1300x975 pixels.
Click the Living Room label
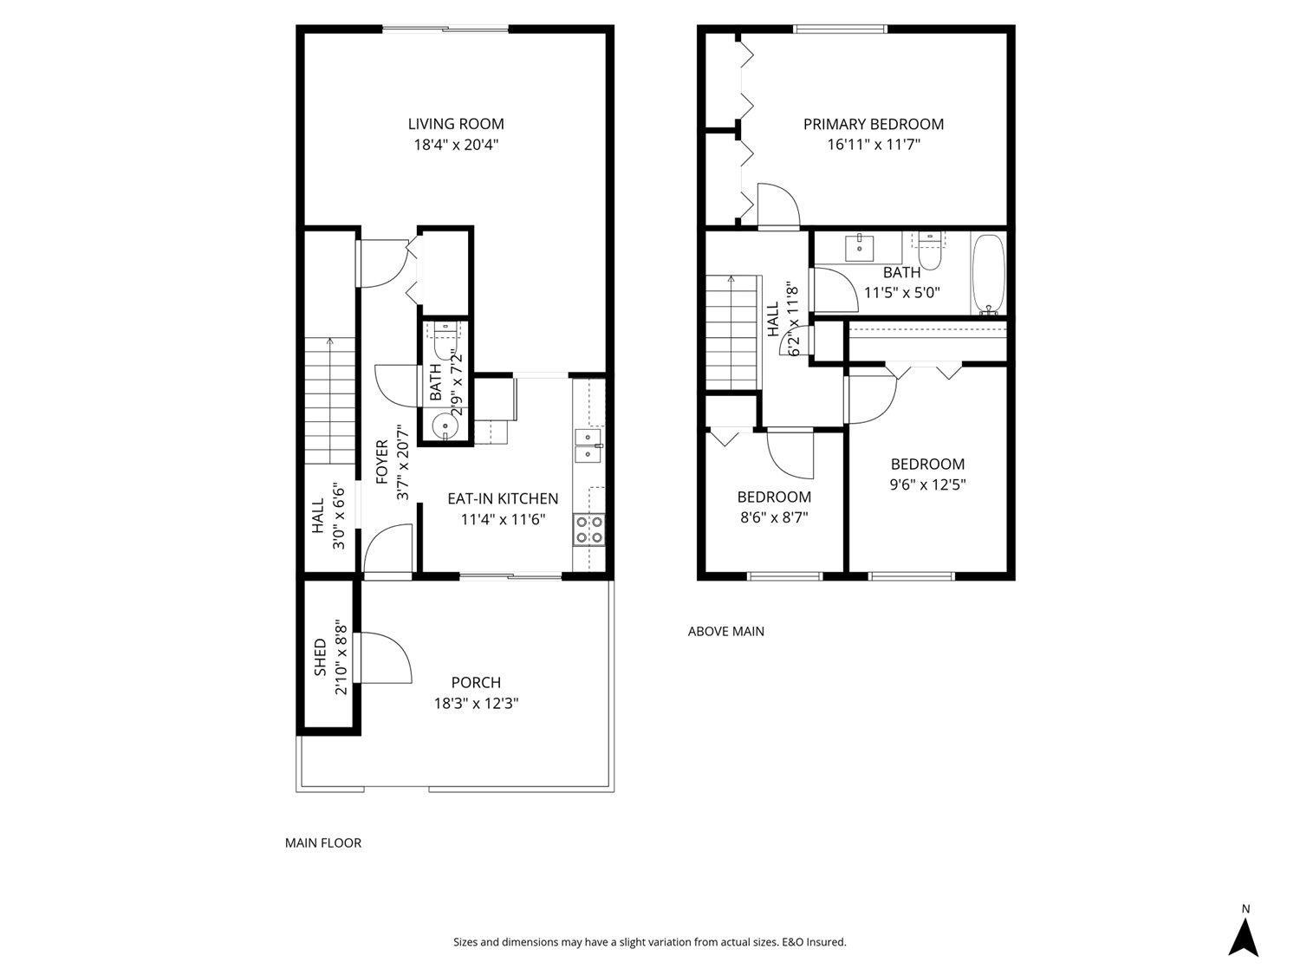(x=456, y=124)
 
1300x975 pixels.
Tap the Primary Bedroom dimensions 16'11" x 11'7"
(x=873, y=145)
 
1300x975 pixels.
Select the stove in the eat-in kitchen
(x=589, y=530)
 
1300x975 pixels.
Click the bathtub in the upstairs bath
(x=989, y=274)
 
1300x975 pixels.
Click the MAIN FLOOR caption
(x=323, y=842)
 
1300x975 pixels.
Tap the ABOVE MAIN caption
(x=725, y=631)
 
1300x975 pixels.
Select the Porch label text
(x=476, y=683)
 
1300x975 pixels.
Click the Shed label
(x=320, y=658)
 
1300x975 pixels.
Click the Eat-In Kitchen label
(x=503, y=498)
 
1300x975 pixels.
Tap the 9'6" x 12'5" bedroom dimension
(x=927, y=484)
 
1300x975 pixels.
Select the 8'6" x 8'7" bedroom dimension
(x=774, y=517)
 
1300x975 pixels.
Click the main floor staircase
(x=329, y=402)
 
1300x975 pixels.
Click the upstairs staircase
(x=731, y=333)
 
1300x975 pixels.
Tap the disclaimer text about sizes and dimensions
(x=650, y=942)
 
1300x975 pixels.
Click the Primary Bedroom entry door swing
(x=777, y=205)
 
